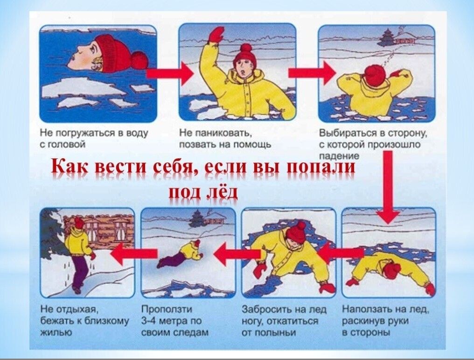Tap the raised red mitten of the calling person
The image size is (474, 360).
pos(216,34)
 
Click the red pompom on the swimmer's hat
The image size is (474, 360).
pos(139,60)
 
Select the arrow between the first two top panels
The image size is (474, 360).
pos(170,73)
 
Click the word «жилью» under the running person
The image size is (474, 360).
pos(56,333)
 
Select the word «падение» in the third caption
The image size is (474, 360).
pos(339,156)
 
